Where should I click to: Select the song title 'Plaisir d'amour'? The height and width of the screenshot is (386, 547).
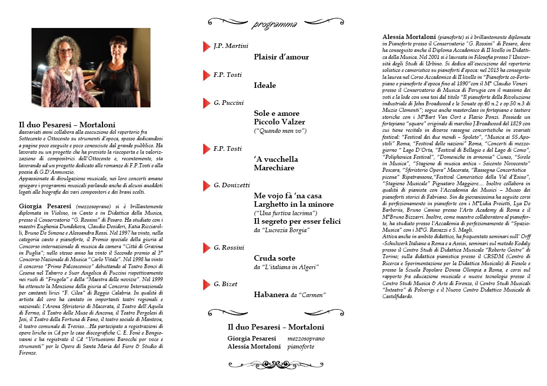coord(281,57)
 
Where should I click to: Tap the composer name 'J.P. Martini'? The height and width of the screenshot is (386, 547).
coord(230,46)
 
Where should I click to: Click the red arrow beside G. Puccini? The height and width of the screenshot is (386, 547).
coord(206,103)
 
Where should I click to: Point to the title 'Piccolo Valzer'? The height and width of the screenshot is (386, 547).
coord(279,122)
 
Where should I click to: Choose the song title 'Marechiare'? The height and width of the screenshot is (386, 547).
coord(274,168)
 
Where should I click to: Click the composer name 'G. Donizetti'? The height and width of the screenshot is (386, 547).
coord(231,185)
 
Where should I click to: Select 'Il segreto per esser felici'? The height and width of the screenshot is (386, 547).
coord(297,221)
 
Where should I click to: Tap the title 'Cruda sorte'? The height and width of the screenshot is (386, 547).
coord(274,258)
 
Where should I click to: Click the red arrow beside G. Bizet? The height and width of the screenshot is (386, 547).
coord(206,285)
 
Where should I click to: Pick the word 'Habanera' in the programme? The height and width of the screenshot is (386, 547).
coord(271,295)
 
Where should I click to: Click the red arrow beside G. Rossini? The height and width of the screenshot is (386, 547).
coord(206,248)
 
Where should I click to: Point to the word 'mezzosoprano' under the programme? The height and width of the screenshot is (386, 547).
coord(305,339)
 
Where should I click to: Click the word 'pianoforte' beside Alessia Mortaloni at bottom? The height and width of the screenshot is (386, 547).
coord(300,347)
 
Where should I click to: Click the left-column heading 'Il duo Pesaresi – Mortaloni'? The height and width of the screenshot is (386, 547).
coord(67,125)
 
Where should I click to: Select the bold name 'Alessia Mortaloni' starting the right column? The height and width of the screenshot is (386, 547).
coord(408,37)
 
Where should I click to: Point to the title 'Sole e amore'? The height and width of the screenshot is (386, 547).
coord(275,113)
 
